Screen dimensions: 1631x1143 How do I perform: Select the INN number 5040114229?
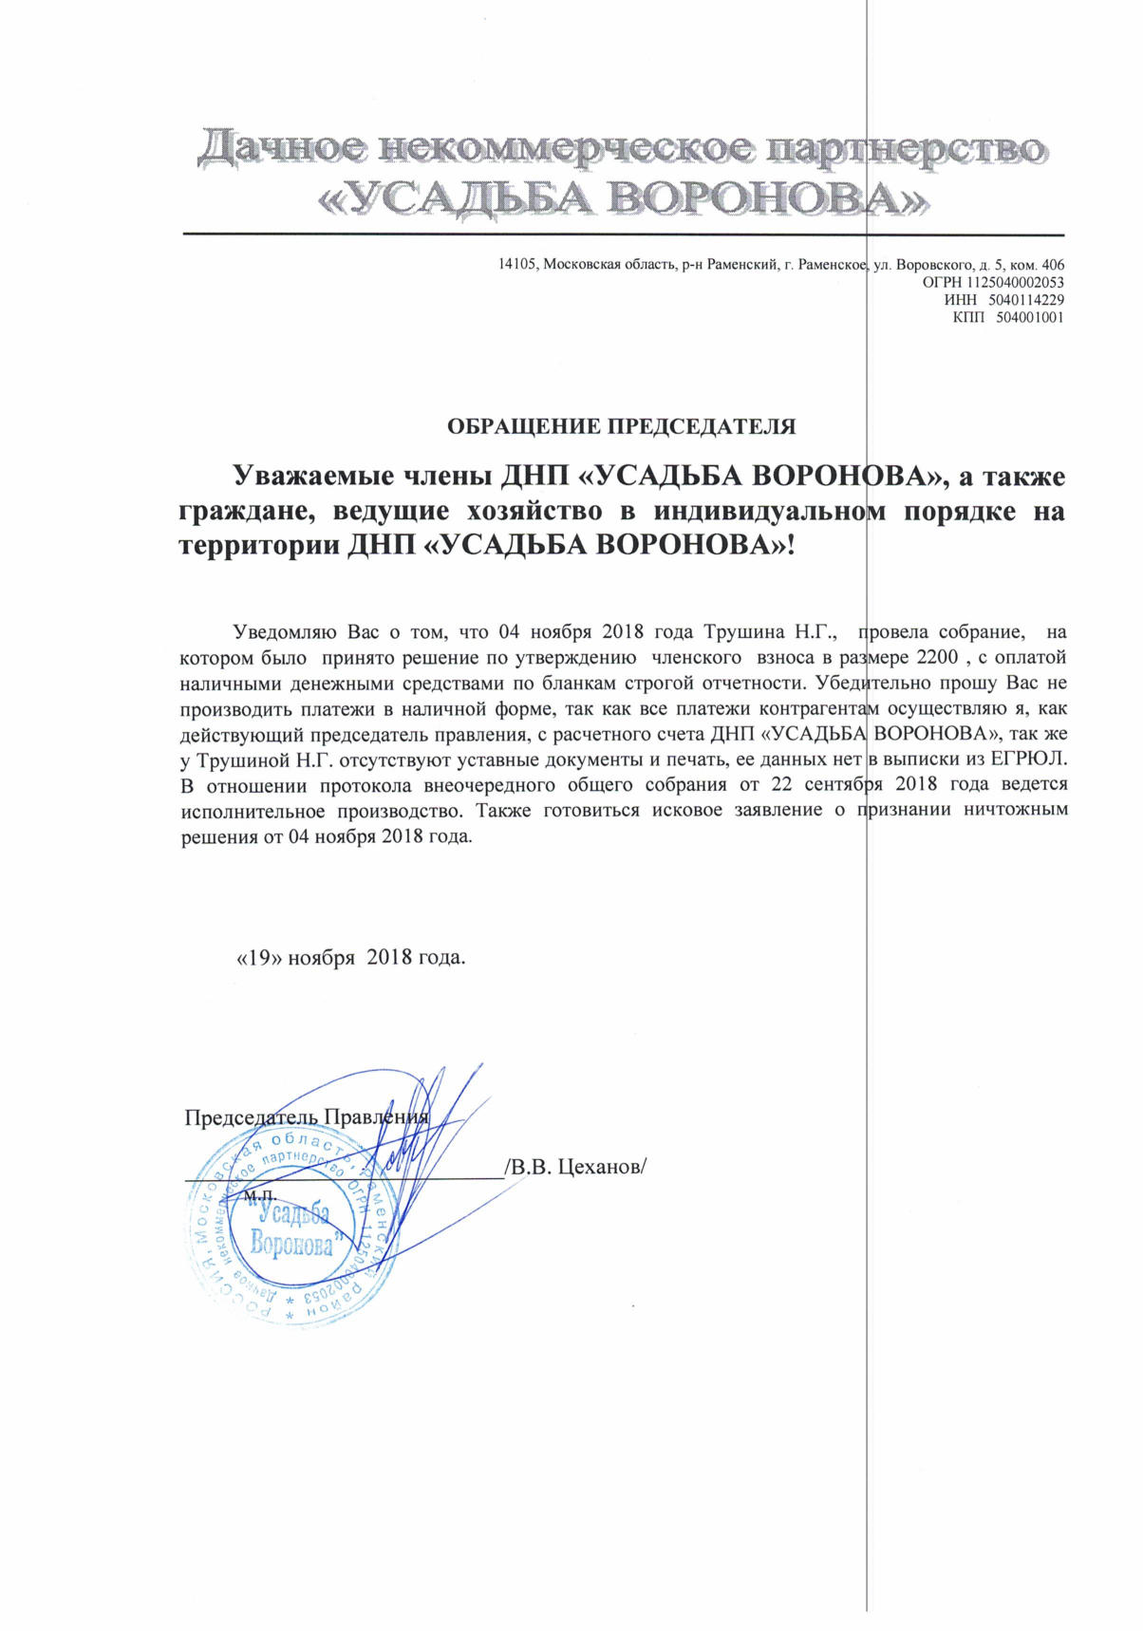tap(1029, 300)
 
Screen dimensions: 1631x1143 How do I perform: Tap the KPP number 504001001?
tap(1030, 317)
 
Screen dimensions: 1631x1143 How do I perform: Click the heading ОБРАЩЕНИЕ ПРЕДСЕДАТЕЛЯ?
tap(621, 426)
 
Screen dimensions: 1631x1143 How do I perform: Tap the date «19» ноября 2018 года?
tap(351, 957)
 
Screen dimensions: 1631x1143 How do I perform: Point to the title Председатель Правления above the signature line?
tap(307, 1116)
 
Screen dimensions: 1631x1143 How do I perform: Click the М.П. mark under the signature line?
tap(258, 1195)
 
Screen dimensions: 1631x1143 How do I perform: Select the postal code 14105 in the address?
tap(518, 266)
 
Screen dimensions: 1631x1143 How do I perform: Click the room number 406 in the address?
tap(1053, 266)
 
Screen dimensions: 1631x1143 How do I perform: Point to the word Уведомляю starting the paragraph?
tap(280, 631)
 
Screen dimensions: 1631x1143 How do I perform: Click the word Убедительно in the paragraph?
tap(867, 682)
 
